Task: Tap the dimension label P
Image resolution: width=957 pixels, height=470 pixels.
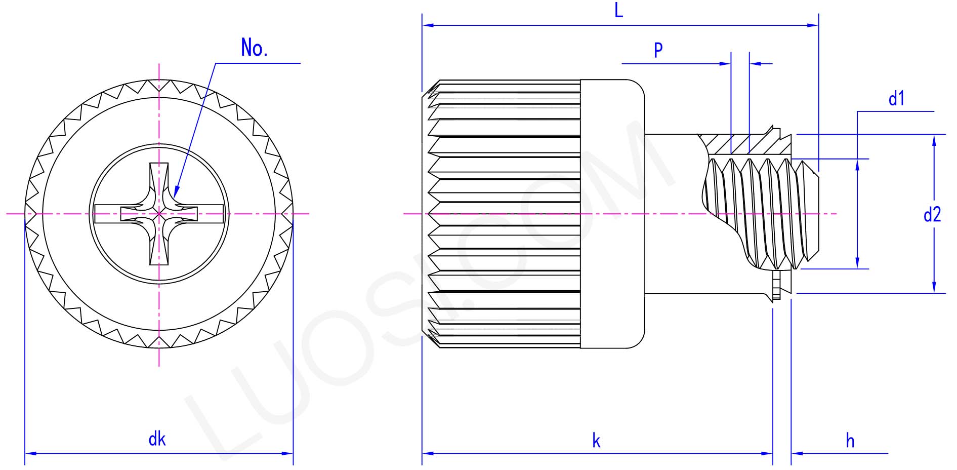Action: click(658, 50)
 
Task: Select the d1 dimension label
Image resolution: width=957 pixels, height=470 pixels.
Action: click(896, 99)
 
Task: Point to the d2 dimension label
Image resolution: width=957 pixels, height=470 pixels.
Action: click(932, 215)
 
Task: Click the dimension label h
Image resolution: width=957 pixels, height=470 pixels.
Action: click(850, 441)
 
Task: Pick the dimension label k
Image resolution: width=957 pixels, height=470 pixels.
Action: click(596, 441)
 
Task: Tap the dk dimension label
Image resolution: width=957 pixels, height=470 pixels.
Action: click(157, 439)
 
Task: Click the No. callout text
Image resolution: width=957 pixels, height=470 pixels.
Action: click(254, 49)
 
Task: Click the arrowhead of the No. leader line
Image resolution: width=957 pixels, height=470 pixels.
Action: click(175, 194)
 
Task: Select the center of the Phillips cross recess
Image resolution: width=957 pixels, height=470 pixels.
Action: click(159, 214)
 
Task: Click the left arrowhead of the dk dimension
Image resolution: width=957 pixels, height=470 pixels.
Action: click(28, 453)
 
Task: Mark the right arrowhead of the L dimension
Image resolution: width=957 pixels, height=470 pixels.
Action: click(815, 25)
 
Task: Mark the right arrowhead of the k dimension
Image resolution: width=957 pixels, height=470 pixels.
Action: click(769, 453)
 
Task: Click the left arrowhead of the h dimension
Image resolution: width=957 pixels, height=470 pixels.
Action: click(795, 453)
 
